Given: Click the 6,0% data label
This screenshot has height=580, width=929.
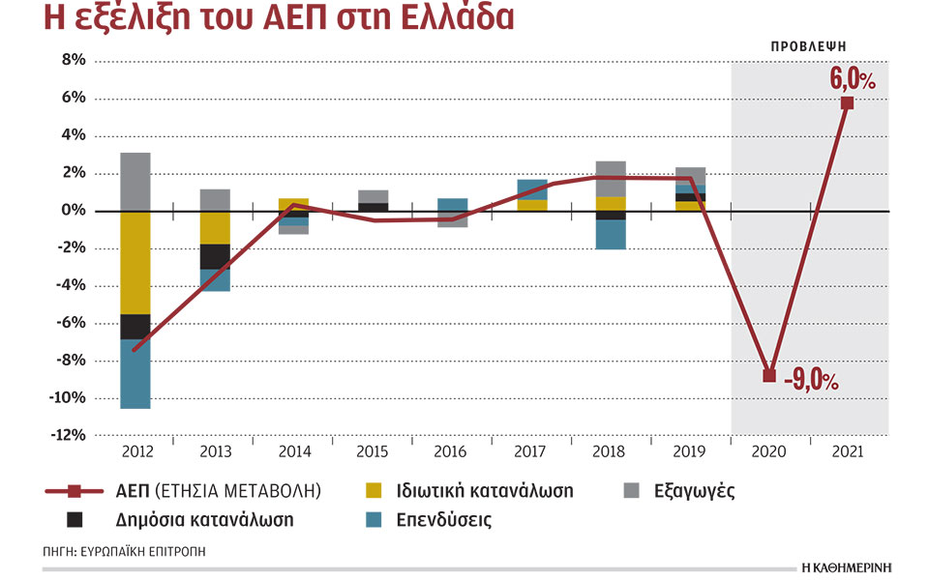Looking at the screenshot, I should pos(853,77).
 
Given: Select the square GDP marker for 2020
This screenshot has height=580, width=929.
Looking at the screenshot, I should pos(769,375).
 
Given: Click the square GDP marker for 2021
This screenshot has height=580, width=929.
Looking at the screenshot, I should pos(847,103).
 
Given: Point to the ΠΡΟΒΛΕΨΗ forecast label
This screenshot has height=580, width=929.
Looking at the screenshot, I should pos(809,45).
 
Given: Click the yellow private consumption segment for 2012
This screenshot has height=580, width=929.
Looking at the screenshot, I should pos(135,262).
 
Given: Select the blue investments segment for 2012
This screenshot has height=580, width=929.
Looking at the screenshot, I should pos(135,373).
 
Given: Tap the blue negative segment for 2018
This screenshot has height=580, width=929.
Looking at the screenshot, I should pos(610,235).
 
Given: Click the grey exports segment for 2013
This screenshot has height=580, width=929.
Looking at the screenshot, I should pos(214,200).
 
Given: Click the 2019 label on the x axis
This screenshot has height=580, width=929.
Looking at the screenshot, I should pos(690,451).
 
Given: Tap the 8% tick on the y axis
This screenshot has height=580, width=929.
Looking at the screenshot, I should pos(73,60).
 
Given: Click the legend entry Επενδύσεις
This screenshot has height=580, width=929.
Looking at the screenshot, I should pos(443,520).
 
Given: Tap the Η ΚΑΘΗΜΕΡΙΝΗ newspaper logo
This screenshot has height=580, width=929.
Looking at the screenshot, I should pos(846,565).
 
